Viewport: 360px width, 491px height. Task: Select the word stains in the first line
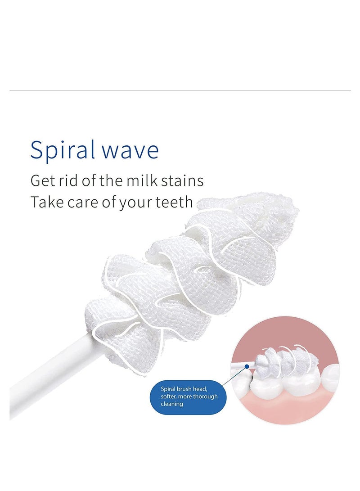tap(182, 181)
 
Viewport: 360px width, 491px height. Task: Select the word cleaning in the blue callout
tap(171, 404)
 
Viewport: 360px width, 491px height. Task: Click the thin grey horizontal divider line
tap(180, 91)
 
